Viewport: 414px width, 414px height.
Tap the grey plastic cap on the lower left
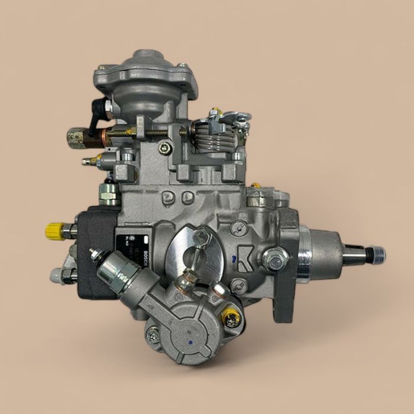[57, 273]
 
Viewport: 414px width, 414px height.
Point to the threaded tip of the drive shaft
[376, 255]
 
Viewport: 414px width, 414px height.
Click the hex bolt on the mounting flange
[276, 258]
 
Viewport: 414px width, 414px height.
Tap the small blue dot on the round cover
[188, 341]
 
